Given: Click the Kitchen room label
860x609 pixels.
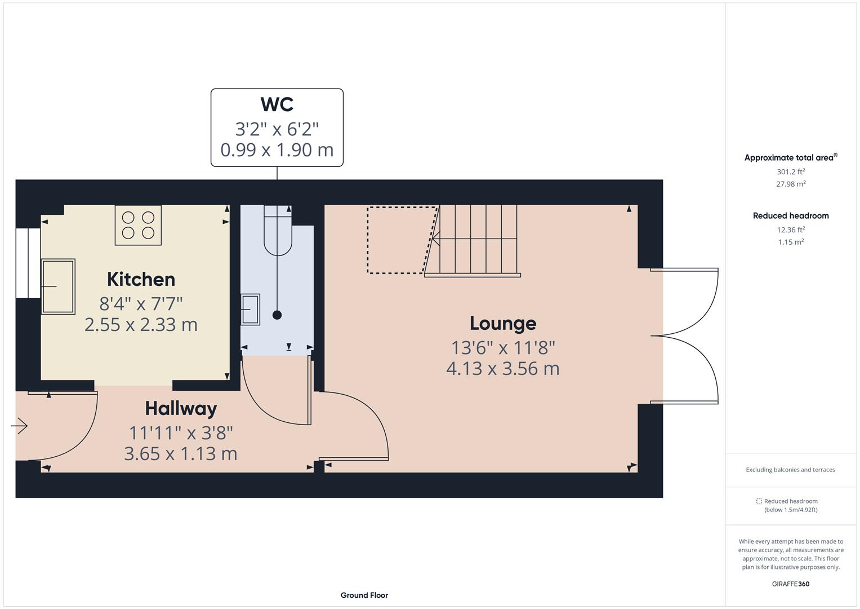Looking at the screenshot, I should click(x=141, y=280).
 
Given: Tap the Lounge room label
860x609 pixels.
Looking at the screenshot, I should click(x=502, y=324).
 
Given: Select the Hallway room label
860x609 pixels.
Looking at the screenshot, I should click(x=181, y=409).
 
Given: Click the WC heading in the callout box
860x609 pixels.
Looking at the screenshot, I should click(x=277, y=105).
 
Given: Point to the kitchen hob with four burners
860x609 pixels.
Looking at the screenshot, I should click(x=138, y=225).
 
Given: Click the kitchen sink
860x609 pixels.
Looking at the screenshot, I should click(x=57, y=286).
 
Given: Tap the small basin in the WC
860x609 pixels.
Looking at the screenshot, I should click(x=250, y=310).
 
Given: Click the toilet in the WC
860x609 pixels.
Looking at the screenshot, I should click(x=278, y=231).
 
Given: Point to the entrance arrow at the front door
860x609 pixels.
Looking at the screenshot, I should click(x=20, y=426).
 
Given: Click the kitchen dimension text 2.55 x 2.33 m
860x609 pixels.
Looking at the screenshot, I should click(x=141, y=325).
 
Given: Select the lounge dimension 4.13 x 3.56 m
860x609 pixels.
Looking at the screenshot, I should click(x=502, y=369).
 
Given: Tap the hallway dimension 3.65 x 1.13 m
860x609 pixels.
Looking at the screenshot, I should click(x=181, y=453).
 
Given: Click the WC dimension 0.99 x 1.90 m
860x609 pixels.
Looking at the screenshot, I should click(x=277, y=150).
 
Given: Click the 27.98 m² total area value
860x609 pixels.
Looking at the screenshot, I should click(x=791, y=184).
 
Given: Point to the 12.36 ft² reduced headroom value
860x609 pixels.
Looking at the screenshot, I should click(x=791, y=230).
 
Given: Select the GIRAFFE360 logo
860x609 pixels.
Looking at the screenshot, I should click(x=791, y=584).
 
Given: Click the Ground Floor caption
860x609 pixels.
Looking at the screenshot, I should click(x=364, y=595).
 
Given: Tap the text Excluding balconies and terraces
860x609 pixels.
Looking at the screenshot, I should click(x=791, y=470).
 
